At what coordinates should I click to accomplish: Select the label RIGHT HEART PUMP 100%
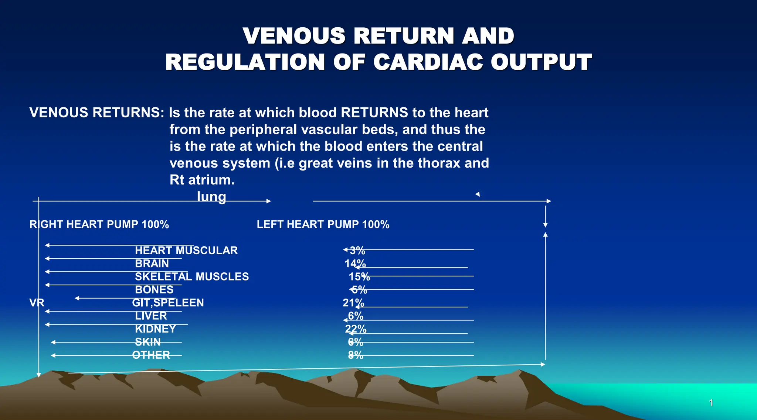click(x=99, y=224)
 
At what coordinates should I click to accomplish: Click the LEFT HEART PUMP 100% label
click(x=323, y=224)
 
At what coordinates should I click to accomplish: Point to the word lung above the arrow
click(x=211, y=197)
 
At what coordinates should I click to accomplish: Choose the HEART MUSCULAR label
click(x=186, y=251)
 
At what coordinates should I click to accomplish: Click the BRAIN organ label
click(x=152, y=264)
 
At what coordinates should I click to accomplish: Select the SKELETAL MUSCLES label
click(x=192, y=276)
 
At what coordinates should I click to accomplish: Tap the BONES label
click(x=154, y=290)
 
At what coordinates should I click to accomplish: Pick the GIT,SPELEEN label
click(x=168, y=303)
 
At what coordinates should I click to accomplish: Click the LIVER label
click(x=151, y=316)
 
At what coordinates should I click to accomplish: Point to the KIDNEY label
click(x=155, y=329)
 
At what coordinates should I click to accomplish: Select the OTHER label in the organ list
click(x=151, y=355)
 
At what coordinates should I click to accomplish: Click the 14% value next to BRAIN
click(x=355, y=264)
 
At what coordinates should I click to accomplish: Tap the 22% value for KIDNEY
click(x=356, y=329)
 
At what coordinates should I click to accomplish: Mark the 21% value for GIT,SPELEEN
click(x=353, y=303)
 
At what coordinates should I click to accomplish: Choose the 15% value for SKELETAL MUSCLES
click(x=359, y=276)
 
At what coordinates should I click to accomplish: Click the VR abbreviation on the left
click(x=37, y=303)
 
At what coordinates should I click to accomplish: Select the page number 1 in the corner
click(x=711, y=403)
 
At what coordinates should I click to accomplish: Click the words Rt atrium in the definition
click(x=202, y=180)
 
